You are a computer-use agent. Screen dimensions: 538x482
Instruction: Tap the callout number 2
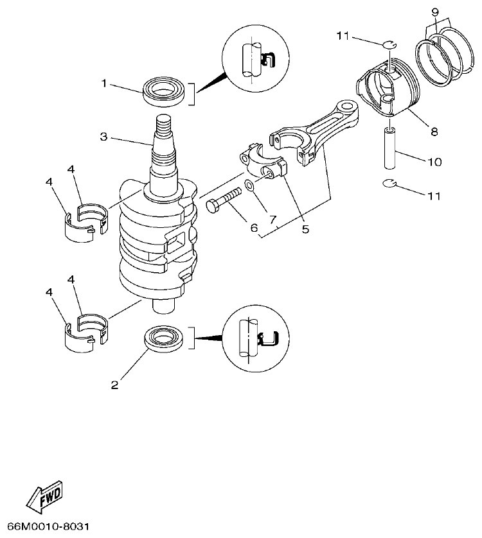click(x=114, y=385)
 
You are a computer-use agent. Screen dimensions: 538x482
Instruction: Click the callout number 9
click(x=435, y=12)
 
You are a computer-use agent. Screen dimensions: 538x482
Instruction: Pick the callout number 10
click(x=434, y=162)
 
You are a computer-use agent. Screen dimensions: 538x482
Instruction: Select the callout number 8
click(x=434, y=131)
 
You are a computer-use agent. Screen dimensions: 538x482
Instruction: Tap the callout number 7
click(x=273, y=220)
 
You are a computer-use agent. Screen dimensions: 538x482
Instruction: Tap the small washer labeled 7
click(x=249, y=195)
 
